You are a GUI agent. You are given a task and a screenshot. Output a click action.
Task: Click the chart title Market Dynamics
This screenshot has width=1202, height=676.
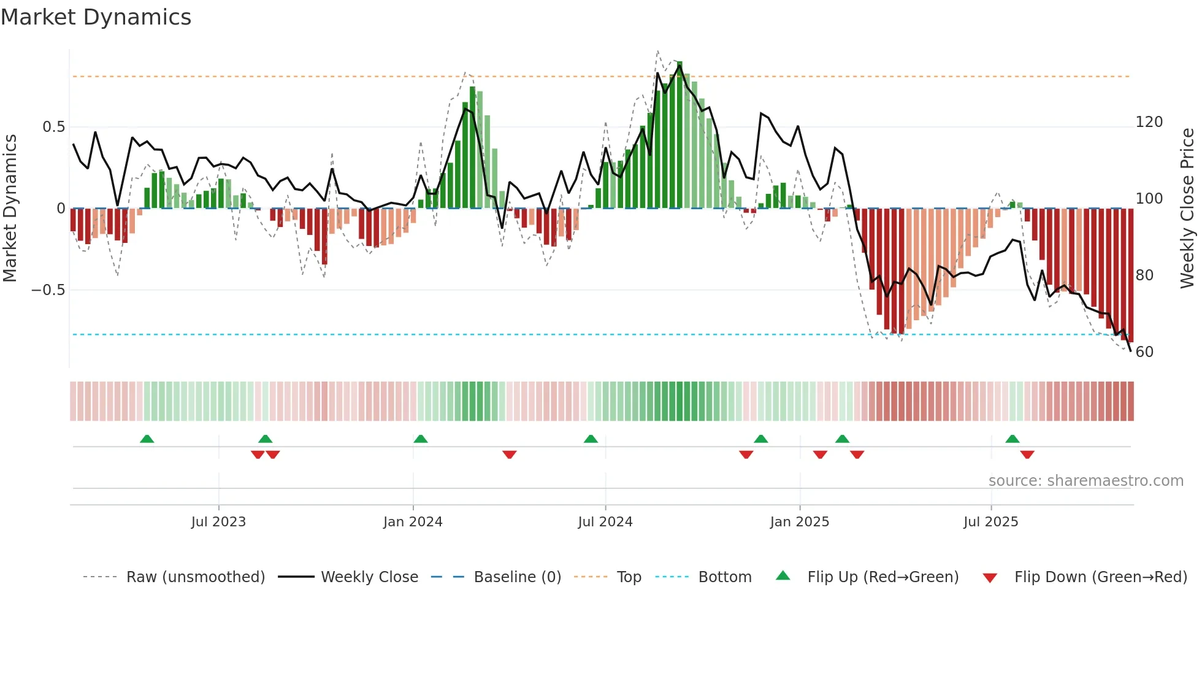click(x=96, y=17)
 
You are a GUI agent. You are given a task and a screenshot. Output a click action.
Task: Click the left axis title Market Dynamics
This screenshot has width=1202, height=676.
click(x=10, y=208)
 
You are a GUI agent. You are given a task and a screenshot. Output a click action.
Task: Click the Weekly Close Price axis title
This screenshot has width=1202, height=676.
click(x=1187, y=208)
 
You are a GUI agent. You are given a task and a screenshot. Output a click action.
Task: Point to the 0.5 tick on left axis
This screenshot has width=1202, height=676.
click(x=53, y=127)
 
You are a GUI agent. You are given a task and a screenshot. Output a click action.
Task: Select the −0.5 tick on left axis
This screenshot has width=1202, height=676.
click(x=48, y=290)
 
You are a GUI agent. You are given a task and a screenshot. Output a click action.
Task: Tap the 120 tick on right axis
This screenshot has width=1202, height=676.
click(x=1149, y=122)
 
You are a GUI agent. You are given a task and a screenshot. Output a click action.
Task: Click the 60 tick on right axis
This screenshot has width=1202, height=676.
click(x=1144, y=352)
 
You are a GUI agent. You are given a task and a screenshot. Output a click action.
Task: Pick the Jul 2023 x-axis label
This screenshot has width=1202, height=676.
click(x=218, y=522)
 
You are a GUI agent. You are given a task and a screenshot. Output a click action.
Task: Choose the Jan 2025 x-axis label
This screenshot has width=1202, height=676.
click(x=799, y=522)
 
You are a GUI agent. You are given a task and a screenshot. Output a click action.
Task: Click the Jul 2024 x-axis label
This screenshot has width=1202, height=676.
click(x=605, y=522)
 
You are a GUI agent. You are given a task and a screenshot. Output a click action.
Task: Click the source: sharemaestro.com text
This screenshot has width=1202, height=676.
click(x=1085, y=481)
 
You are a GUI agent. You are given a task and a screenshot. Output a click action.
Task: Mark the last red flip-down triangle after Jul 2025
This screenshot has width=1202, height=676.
click(x=1027, y=455)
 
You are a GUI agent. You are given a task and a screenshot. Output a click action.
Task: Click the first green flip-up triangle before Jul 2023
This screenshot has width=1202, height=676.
click(x=147, y=439)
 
